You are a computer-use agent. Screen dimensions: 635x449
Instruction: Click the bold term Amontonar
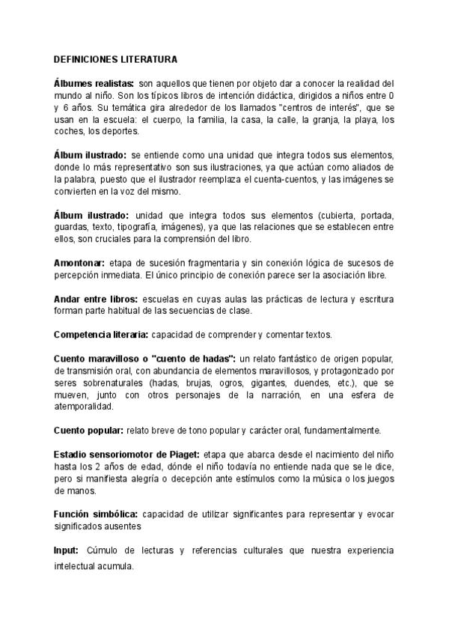[x=78, y=263]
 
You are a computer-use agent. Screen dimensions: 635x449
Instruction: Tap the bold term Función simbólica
[x=94, y=514]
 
